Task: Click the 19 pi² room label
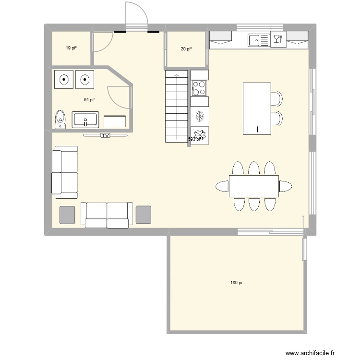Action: point(72,48)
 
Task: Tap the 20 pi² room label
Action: point(186,48)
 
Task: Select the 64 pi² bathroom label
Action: point(89,100)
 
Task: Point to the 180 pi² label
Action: point(237,283)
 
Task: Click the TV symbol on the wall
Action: point(105,136)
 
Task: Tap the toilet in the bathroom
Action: point(60,119)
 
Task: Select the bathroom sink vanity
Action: point(85,120)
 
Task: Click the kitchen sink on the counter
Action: point(259,40)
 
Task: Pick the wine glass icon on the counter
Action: point(277,40)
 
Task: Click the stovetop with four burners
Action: point(199,88)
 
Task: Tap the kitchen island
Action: point(256,108)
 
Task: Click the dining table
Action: point(254,186)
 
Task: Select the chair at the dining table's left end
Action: point(222,186)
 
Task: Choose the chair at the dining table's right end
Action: point(286,186)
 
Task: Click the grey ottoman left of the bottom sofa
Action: point(67,215)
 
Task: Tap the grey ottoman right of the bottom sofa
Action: point(143,215)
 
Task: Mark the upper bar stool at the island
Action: point(277,98)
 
